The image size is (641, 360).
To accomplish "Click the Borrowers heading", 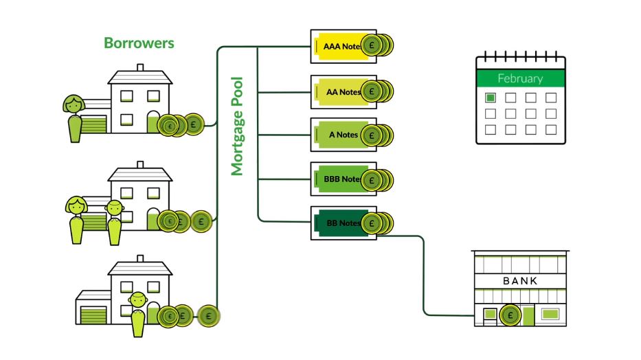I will point(139,43).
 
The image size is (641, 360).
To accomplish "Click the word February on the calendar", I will point(520,78).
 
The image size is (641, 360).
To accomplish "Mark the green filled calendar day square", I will point(491,98).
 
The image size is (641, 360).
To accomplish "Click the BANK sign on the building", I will point(520,281).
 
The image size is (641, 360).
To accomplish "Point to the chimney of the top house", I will point(140,68).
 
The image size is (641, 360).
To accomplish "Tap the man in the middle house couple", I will point(114,220).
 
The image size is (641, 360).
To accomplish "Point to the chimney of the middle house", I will point(140,166).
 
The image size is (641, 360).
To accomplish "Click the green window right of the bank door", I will point(550,315).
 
